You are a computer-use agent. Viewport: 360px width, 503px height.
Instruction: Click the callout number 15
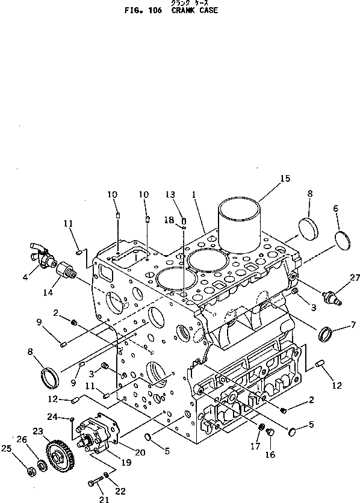point(285,178)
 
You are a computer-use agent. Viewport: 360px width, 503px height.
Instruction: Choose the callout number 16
point(270,455)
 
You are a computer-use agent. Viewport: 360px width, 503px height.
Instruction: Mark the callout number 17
point(255,446)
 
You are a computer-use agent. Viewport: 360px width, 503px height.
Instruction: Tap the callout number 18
point(169,221)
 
